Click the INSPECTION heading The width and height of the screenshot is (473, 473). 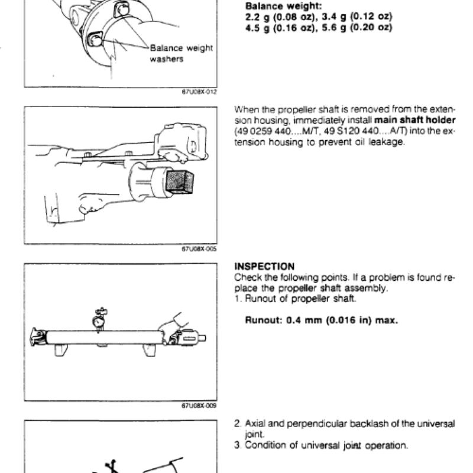[x=264, y=267]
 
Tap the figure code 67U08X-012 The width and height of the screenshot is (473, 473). [x=200, y=92]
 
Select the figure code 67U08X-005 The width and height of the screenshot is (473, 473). [x=200, y=250]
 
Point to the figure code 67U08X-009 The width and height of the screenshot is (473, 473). [x=200, y=406]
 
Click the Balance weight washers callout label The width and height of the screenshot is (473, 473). [x=181, y=53]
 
